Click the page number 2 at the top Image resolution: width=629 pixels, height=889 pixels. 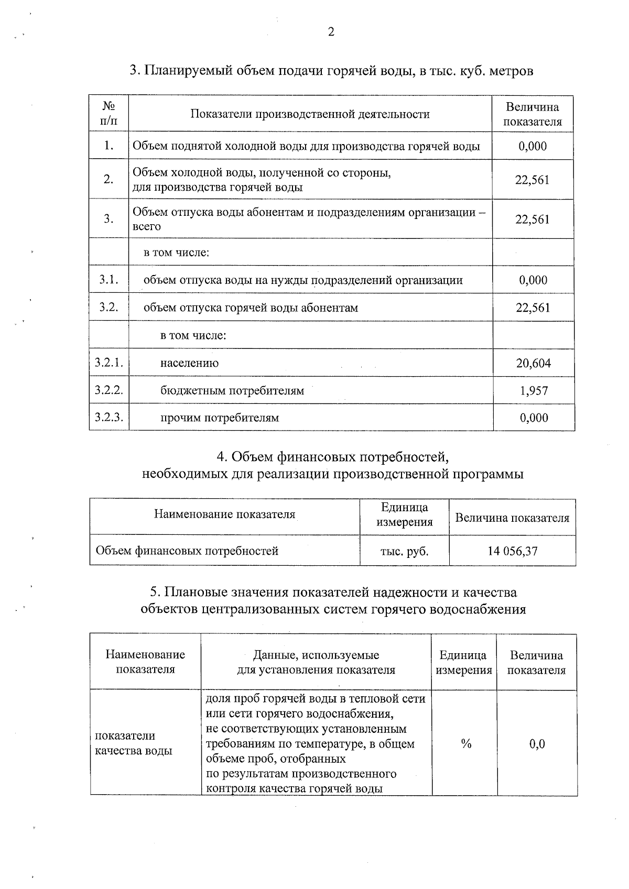(x=331, y=32)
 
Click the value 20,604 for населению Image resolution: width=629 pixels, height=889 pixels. (x=533, y=363)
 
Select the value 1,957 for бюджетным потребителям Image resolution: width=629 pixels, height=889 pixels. (x=534, y=390)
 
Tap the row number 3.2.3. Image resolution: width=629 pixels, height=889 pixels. (x=109, y=417)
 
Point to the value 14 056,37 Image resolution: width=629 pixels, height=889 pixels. (x=512, y=551)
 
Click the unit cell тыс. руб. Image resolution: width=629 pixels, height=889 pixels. (x=404, y=551)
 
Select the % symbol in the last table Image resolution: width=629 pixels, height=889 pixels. (x=465, y=744)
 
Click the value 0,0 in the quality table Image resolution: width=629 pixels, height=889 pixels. (x=537, y=744)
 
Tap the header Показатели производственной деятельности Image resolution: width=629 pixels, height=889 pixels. (x=310, y=114)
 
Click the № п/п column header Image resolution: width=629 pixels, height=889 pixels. (x=109, y=114)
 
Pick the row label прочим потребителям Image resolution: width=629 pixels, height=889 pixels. (x=219, y=418)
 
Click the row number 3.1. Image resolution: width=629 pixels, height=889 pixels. (x=109, y=280)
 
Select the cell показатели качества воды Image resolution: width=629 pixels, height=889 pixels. (x=134, y=743)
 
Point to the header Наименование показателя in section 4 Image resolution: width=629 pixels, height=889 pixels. (x=224, y=514)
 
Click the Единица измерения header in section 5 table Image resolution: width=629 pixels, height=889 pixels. (x=463, y=663)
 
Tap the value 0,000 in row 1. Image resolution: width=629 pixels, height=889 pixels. (x=533, y=146)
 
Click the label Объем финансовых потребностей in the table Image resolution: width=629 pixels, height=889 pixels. (x=187, y=551)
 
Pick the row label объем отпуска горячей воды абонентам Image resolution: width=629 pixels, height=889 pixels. (x=251, y=308)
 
